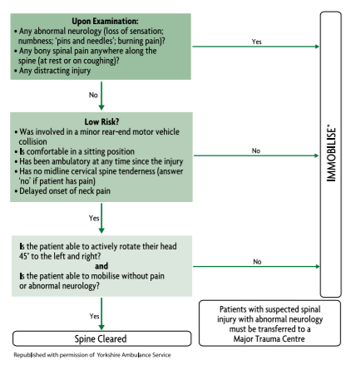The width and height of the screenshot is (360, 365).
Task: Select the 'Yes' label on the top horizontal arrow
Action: [x=255, y=41]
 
